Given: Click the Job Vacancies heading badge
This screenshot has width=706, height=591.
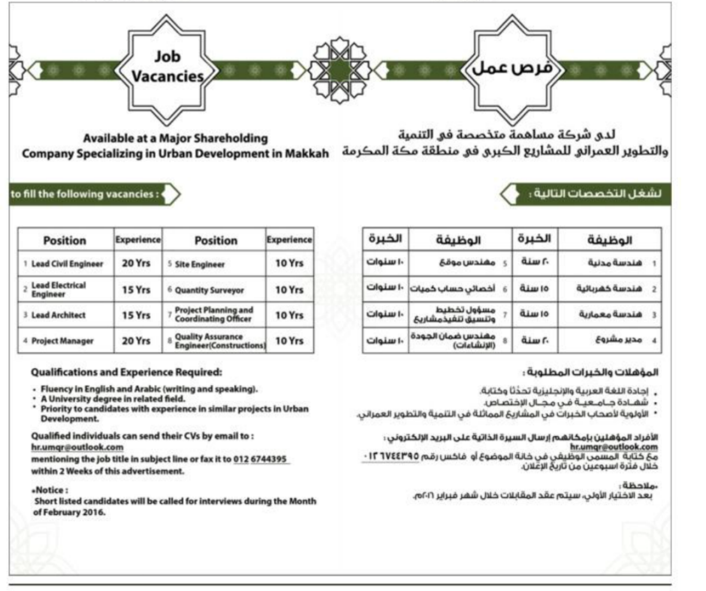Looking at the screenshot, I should pyautogui.click(x=167, y=67).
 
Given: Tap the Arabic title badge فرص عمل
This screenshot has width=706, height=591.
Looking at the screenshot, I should pyautogui.click(x=512, y=68).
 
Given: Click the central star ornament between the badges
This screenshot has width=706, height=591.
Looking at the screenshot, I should pyautogui.click(x=339, y=70).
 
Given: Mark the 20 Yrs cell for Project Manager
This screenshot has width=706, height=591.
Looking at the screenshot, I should pyautogui.click(x=136, y=341).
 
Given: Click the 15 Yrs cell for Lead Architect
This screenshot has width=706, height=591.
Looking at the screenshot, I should pyautogui.click(x=136, y=315).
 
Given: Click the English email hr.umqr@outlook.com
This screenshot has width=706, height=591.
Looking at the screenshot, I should pyautogui.click(x=77, y=447).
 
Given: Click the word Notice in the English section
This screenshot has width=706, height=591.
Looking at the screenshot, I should pyautogui.click(x=50, y=490).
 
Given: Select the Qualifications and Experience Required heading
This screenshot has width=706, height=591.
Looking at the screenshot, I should pyautogui.click(x=126, y=372).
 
